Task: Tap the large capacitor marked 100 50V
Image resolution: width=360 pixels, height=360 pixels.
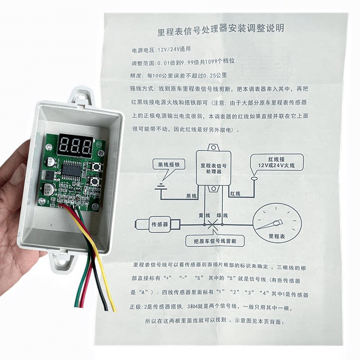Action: click(x=49, y=189)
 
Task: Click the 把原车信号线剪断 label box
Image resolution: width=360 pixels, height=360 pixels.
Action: click(x=216, y=241)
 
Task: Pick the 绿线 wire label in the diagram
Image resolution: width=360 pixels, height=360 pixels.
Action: click(x=222, y=215)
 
